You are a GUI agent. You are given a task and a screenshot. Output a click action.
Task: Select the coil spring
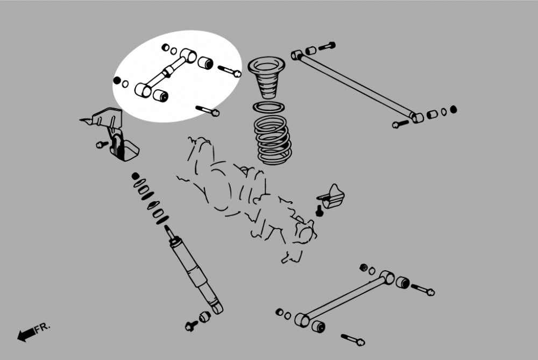click(x=273, y=140)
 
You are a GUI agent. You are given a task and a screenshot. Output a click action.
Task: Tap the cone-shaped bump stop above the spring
click(x=266, y=78)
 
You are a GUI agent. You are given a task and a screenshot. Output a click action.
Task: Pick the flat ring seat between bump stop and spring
click(x=268, y=107)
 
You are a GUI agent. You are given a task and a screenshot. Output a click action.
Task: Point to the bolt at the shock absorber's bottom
click(x=191, y=326)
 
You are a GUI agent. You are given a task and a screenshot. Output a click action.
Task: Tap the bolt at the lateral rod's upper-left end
click(x=327, y=46)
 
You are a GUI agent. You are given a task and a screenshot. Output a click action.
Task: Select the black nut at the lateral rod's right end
click(x=453, y=109)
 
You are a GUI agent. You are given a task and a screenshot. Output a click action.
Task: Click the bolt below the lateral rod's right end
click(x=400, y=124)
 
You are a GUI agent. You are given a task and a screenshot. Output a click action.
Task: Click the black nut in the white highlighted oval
click(x=117, y=80)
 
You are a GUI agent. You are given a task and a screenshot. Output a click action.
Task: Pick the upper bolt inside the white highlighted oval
click(x=230, y=71)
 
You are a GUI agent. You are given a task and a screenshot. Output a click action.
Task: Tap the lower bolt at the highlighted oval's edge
click(x=208, y=110)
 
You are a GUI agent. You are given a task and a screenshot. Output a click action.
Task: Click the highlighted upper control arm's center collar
click(x=168, y=72)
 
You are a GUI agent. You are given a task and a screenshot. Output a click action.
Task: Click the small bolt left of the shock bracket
click(x=102, y=144)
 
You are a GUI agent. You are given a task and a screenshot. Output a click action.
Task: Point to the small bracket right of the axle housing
click(x=331, y=197)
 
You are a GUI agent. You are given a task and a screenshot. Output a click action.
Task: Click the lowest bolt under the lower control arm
click(x=353, y=340)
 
